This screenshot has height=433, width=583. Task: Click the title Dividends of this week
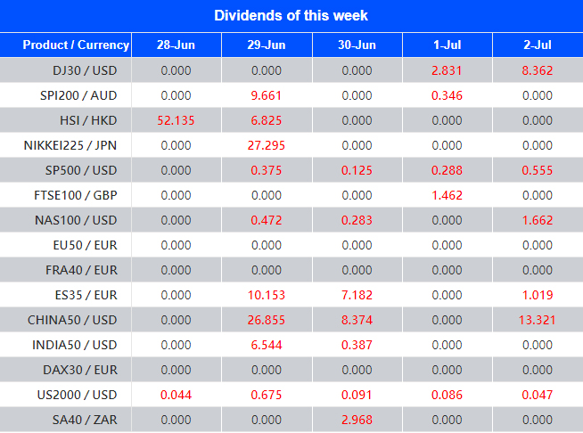coord(291,15)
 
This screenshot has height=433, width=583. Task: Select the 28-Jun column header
coord(175,45)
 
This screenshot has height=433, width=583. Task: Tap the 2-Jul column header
coord(537,45)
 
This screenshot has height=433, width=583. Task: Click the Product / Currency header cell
coord(76,45)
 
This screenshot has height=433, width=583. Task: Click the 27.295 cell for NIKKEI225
coord(266,145)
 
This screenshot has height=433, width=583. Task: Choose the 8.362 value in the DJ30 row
coord(537,70)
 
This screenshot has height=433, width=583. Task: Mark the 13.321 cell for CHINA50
coord(537,320)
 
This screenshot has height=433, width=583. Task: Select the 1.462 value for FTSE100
coord(447,195)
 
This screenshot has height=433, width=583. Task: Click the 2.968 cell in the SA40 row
coord(357,420)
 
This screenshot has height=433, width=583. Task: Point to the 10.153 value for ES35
coord(266,295)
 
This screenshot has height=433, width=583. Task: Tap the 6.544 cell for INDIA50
coord(266,345)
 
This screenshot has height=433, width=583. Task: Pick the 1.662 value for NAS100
coord(537,220)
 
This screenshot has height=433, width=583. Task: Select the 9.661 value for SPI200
coord(266,95)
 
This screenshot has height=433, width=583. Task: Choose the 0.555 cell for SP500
coord(537,170)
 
